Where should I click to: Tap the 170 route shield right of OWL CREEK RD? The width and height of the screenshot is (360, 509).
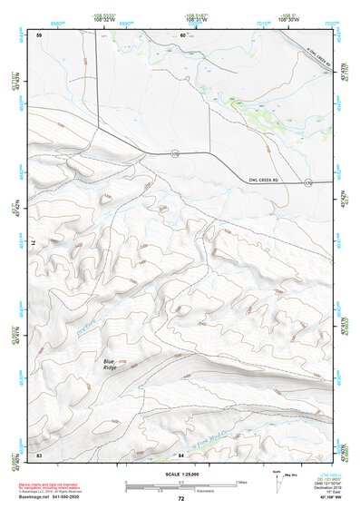308,183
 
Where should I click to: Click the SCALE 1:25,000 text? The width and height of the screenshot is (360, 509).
180,475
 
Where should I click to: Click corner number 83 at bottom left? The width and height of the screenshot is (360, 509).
39,454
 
